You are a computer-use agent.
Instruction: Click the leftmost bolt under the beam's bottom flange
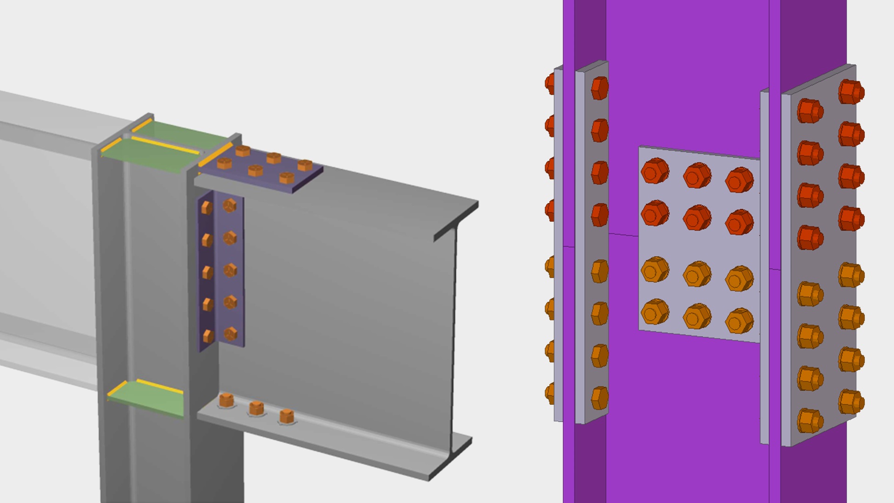[226, 400]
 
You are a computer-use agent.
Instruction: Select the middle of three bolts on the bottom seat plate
[257, 408]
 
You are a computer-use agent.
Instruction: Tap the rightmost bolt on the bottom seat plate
[287, 416]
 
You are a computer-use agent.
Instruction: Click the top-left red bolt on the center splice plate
[655, 171]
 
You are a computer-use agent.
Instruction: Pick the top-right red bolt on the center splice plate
[739, 180]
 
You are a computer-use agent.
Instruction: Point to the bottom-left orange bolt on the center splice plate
[655, 312]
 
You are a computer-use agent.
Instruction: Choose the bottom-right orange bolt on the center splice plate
[739, 320]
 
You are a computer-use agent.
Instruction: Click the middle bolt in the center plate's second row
[697, 218]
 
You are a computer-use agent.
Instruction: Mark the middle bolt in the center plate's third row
[697, 273]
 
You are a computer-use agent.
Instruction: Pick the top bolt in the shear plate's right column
[230, 205]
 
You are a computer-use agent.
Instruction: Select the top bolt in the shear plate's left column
[207, 208]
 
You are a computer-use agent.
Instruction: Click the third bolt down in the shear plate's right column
[230, 270]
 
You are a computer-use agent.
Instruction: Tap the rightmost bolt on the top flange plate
[305, 165]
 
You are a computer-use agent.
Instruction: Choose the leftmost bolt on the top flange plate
[224, 163]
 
